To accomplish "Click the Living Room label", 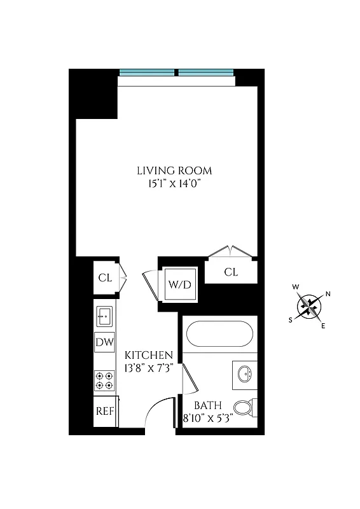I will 174,171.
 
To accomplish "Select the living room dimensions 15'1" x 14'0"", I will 174,184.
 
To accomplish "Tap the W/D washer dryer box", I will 179,284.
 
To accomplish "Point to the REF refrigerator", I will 104,410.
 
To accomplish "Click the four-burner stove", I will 104,380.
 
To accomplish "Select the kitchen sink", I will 104,314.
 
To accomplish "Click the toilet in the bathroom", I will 244,407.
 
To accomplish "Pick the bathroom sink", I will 245,374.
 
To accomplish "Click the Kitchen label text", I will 148,354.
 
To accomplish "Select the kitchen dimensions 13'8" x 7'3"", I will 148,367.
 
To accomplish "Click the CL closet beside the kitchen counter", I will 105,277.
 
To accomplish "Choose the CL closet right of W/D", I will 231,272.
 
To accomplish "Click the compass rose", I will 310,307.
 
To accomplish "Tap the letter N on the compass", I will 328,293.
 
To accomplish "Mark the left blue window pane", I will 148,72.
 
